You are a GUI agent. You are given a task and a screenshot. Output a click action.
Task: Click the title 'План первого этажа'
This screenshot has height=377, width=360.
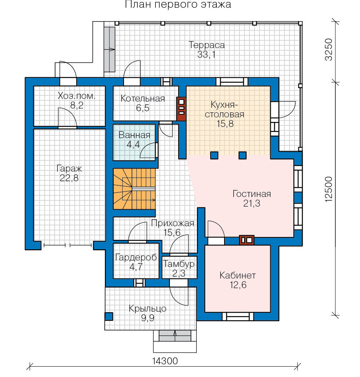178,4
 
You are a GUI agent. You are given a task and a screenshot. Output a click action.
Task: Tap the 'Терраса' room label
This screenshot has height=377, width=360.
206,45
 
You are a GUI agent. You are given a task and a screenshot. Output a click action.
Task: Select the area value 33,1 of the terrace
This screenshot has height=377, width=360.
206,55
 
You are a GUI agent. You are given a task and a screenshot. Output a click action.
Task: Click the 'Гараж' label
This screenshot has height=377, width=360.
69,168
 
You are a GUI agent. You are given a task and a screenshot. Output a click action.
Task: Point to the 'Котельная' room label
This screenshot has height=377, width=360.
143,98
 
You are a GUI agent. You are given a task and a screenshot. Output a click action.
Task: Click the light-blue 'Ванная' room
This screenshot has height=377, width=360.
134,142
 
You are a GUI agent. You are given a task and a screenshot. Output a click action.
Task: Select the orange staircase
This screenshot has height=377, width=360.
134,189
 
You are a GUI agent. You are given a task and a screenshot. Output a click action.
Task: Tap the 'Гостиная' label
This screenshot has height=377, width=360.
252,194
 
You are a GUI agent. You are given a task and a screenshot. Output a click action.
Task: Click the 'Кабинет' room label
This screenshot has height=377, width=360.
238,275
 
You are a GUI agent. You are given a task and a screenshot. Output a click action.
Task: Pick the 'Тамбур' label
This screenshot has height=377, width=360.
179,264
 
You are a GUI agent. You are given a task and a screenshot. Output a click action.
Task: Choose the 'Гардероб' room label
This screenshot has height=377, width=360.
136,257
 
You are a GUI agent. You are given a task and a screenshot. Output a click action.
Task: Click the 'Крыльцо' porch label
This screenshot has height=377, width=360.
147,309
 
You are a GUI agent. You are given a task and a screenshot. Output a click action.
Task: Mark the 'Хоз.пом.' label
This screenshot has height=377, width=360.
77,96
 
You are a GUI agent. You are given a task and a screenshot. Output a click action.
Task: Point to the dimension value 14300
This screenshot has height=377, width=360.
165,361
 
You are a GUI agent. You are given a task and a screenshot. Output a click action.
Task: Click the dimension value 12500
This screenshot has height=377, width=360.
329,189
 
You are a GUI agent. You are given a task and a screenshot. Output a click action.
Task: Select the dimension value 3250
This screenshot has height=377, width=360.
329,50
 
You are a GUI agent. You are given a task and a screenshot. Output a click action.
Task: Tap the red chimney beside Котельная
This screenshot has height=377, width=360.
181,108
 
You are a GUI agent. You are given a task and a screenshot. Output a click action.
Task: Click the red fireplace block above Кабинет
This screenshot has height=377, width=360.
247,240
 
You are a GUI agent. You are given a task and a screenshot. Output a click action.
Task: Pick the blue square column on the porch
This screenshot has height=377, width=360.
109,316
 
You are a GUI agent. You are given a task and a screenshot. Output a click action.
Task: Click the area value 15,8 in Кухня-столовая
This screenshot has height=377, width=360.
225,123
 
